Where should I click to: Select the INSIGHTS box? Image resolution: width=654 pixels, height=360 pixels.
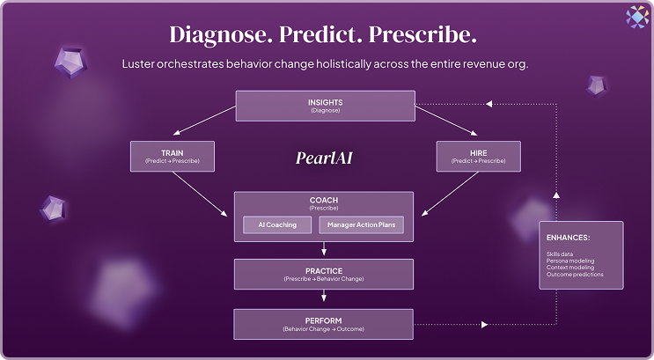coord(326,106)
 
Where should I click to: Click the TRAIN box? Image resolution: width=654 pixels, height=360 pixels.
coord(173,157)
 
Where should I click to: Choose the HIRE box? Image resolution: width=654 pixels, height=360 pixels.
coord(478,157)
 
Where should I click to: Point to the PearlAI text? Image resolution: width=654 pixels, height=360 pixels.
coord(324,159)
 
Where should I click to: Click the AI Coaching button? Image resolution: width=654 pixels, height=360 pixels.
coord(277,225)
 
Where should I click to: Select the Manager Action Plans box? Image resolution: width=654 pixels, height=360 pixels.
coord(361,225)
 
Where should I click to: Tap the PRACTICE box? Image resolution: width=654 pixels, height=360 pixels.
coord(323,274)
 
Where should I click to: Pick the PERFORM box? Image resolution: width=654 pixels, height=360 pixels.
coord(323,323)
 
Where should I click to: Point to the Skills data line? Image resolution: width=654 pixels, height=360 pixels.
coord(560,253)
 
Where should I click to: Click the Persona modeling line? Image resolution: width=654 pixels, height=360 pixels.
coord(570,261)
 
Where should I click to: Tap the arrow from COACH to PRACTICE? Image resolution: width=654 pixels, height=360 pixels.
coord(323,250)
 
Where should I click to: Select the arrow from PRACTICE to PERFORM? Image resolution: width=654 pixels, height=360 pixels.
coord(323,298)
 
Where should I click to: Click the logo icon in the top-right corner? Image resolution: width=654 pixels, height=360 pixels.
coord(636,15)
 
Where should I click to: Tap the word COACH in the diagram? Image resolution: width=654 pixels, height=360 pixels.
coord(323,200)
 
